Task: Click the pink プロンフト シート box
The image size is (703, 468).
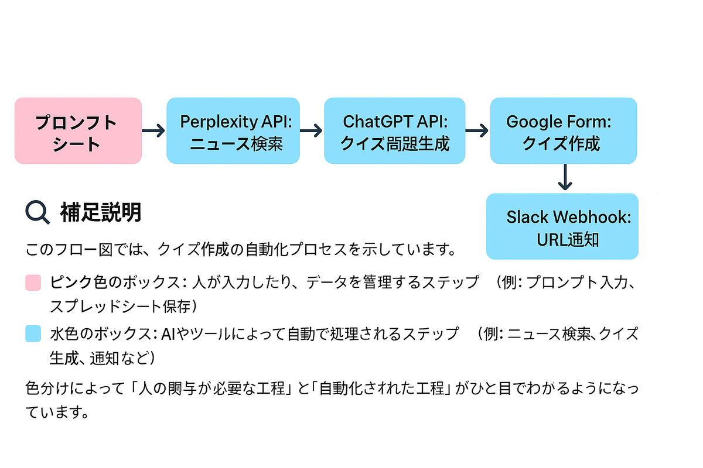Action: tap(78, 130)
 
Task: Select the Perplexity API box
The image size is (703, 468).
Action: tap(233, 130)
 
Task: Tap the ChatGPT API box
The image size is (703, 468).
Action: tap(394, 130)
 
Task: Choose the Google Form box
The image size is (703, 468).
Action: tap(563, 130)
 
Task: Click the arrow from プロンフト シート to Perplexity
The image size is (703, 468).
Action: tap(153, 131)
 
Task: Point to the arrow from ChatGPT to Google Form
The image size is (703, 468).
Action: tap(477, 131)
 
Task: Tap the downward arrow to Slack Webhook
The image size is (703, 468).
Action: tap(564, 177)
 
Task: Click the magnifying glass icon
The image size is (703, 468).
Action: tap(37, 212)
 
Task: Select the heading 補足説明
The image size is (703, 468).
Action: tap(100, 212)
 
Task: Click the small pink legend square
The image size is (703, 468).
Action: tap(33, 283)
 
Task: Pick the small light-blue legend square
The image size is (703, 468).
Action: tap(33, 334)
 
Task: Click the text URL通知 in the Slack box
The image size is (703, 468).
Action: tap(568, 239)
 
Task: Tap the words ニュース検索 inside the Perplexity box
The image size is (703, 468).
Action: tap(236, 143)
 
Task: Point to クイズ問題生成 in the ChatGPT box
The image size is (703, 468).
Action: tap(395, 143)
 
